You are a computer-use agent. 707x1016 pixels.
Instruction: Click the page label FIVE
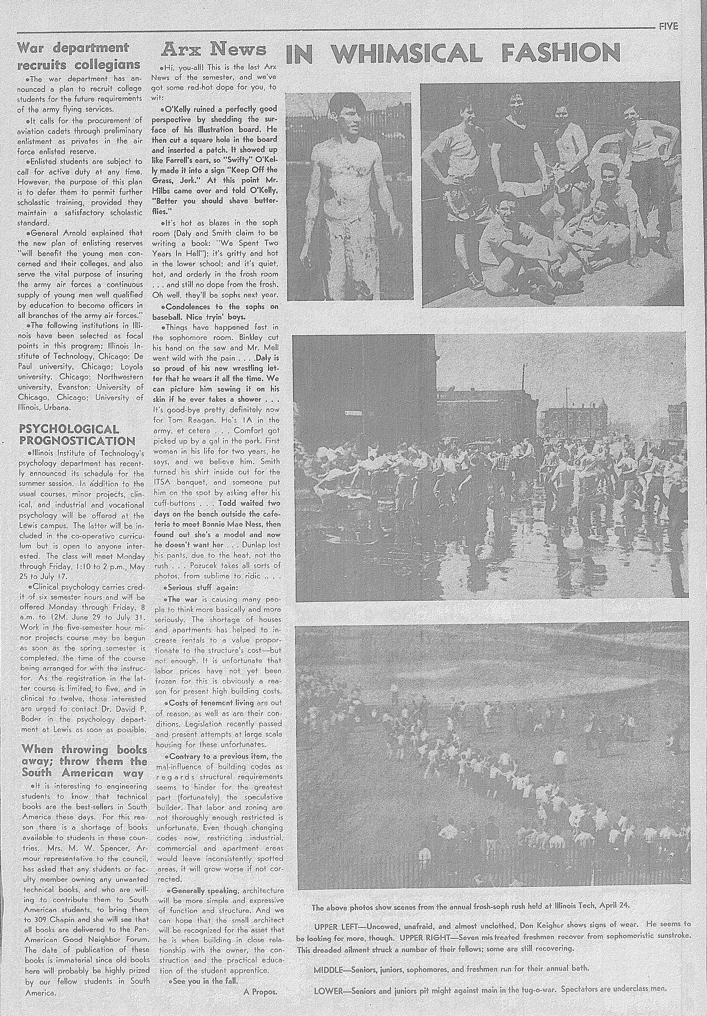(668, 27)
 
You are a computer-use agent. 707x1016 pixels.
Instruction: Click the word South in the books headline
(47, 773)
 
